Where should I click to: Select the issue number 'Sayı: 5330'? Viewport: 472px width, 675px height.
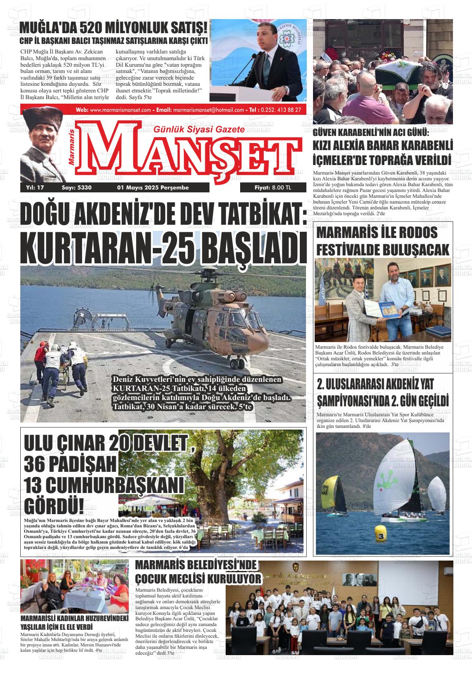76,188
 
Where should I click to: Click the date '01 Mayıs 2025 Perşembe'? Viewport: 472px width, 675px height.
153,188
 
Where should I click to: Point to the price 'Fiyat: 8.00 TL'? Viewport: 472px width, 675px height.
273,188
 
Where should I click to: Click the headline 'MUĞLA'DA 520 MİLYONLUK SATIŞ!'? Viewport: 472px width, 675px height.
113,28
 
